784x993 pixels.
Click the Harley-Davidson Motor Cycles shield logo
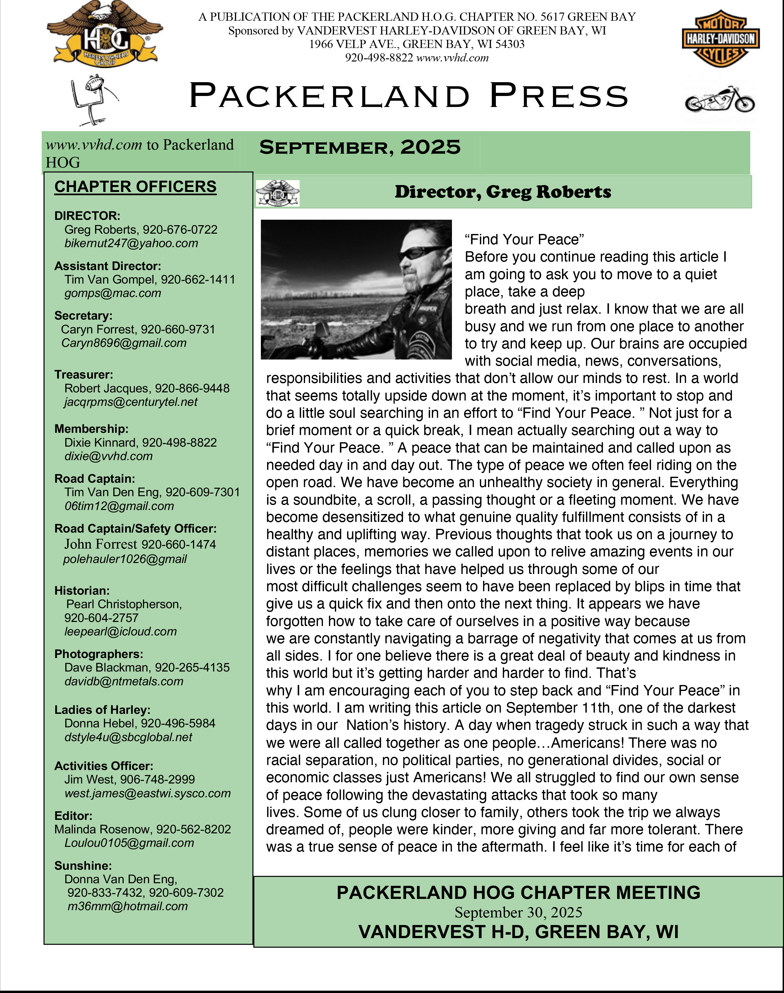720,39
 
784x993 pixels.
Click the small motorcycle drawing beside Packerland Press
719,100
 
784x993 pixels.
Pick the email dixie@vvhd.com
108,456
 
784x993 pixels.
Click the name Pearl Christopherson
124,604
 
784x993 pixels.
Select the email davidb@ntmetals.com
124,681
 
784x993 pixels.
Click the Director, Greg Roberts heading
502,192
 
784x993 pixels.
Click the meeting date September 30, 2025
518,912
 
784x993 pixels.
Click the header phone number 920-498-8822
379,58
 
